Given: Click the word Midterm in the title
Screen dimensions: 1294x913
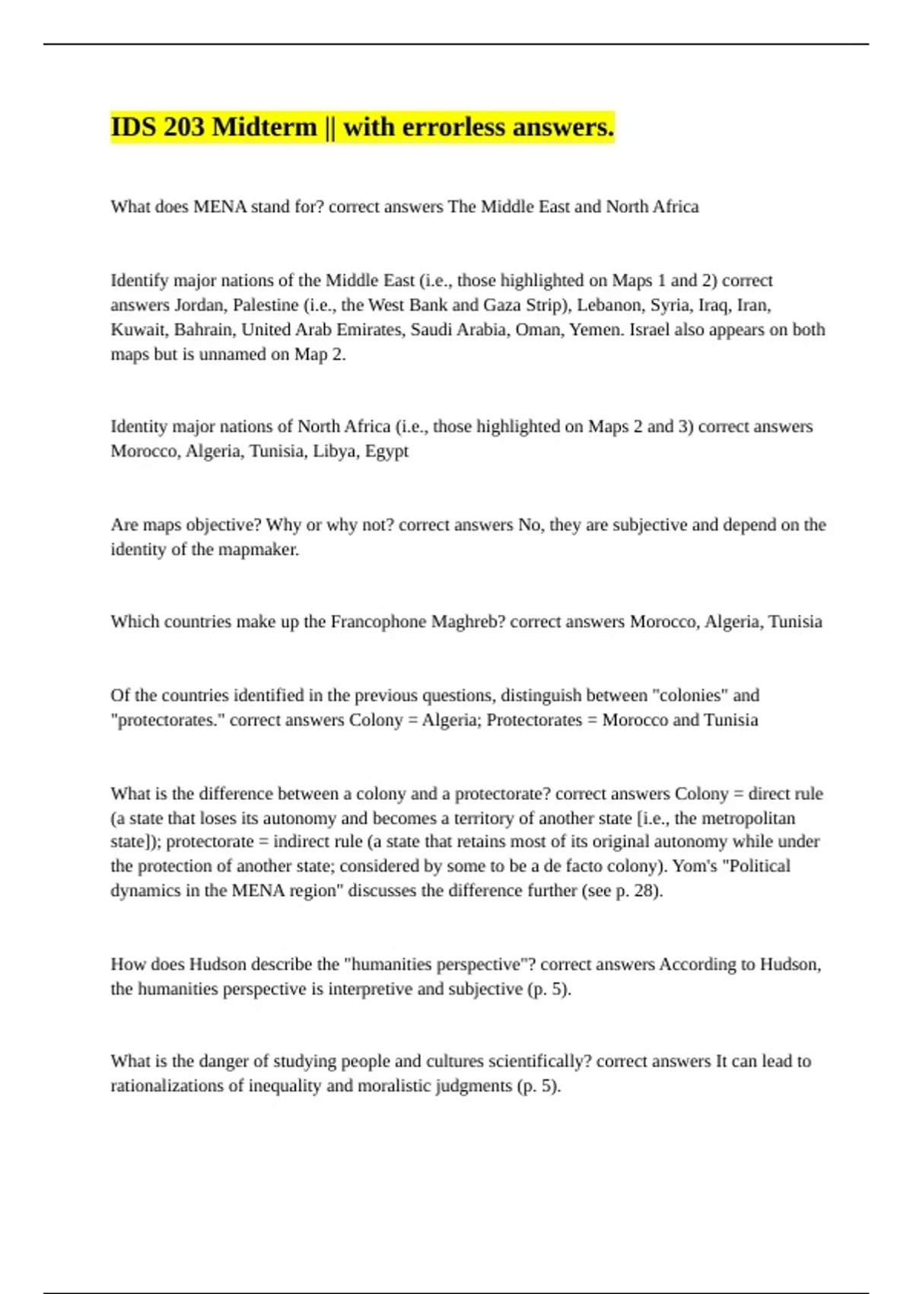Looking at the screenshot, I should (x=264, y=126).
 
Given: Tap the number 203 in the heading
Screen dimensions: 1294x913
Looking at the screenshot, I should (x=183, y=126).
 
